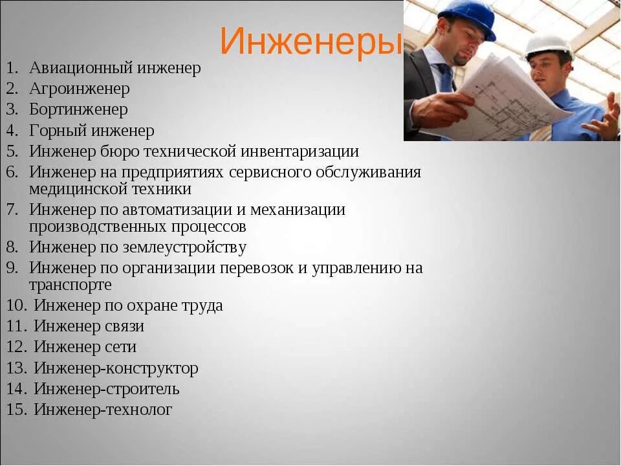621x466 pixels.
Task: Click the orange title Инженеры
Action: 311,41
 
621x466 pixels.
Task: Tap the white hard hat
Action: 548,45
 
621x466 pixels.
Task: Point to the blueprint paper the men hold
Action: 511,97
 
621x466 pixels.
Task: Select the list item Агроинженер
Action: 79,89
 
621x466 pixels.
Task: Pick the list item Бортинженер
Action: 78,109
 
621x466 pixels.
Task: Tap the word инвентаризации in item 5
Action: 300,151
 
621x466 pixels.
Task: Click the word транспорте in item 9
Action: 70,285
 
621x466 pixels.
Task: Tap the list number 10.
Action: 16,305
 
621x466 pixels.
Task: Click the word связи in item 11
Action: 124,326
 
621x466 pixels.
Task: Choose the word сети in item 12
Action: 120,347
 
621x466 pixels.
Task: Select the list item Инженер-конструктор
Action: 116,368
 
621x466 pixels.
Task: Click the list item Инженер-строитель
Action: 107,389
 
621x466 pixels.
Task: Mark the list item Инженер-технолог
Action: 103,410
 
